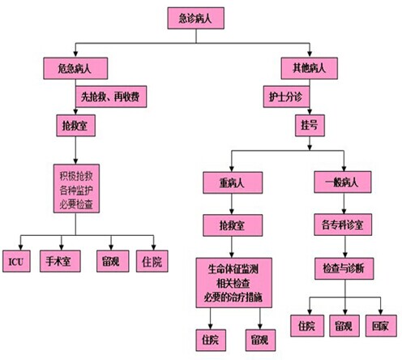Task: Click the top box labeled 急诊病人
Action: click(x=196, y=18)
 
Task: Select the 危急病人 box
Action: click(x=75, y=68)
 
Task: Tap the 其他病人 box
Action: click(x=310, y=68)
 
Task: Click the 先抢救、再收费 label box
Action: click(x=111, y=96)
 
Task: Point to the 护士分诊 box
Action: click(x=286, y=96)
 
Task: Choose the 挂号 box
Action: click(x=310, y=126)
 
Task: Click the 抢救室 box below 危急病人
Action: click(x=75, y=126)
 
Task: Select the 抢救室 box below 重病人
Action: click(x=233, y=225)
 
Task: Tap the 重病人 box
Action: click(x=233, y=182)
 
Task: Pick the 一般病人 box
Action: click(x=343, y=182)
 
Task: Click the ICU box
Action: click(x=16, y=261)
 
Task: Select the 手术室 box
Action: click(x=60, y=261)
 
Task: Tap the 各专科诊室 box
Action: click(x=343, y=225)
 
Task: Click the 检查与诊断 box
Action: click(x=344, y=268)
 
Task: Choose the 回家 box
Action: click(x=381, y=326)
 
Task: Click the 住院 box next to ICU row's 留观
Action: click(x=152, y=261)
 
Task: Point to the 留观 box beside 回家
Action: click(x=344, y=326)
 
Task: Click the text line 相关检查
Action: click(x=233, y=283)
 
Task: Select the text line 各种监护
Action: click(x=76, y=191)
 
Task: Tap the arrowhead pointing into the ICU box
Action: click(x=20, y=247)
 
